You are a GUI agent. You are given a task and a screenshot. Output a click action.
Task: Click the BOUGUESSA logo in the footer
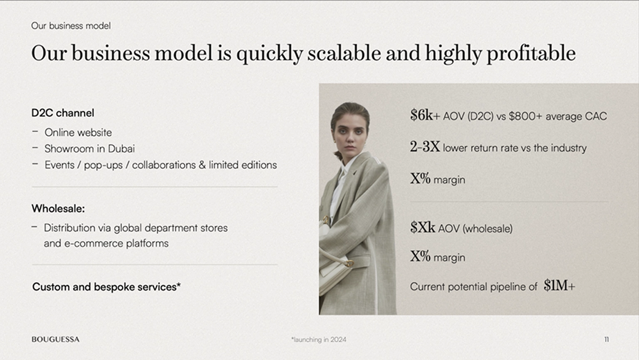(56, 339)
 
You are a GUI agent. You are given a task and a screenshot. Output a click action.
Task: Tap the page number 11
(607, 339)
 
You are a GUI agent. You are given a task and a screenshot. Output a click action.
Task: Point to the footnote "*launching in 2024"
(319, 340)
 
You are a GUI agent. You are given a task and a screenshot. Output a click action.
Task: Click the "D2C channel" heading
(63, 113)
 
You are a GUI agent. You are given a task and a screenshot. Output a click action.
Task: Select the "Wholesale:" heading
(58, 208)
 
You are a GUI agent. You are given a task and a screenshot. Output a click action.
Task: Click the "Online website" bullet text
(78, 132)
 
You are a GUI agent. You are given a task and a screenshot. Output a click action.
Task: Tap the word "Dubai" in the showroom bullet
(121, 148)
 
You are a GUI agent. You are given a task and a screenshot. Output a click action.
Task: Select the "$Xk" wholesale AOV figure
(423, 227)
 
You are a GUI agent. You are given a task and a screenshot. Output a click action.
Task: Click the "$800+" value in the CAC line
(525, 116)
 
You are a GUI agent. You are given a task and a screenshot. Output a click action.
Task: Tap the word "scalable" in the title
(344, 53)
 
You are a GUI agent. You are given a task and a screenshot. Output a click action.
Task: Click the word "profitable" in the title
(531, 54)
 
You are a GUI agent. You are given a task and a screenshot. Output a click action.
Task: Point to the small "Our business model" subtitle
(71, 26)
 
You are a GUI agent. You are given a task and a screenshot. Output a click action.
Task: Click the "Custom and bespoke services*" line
(106, 287)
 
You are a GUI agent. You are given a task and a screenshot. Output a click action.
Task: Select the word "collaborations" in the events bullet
(164, 165)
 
